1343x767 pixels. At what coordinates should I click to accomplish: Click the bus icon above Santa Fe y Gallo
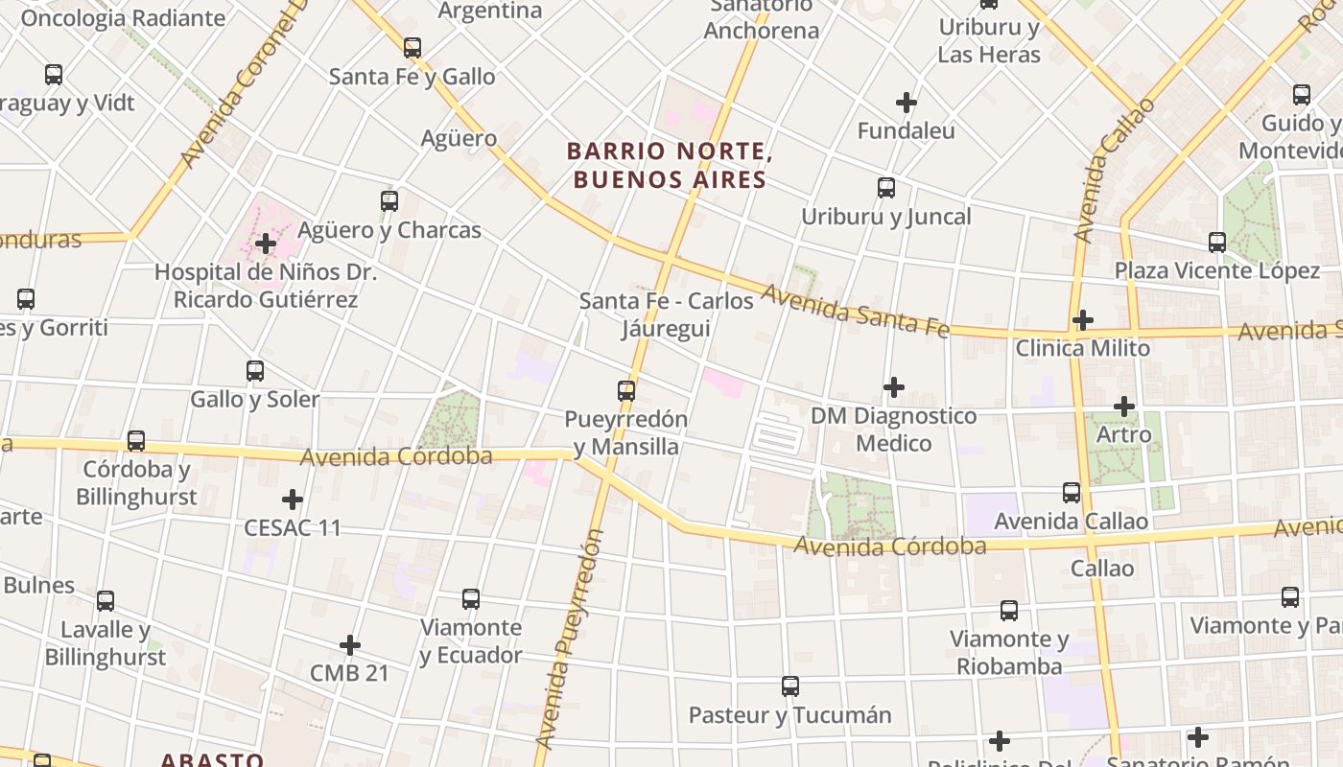(412, 47)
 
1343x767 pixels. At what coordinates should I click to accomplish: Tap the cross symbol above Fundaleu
(906, 102)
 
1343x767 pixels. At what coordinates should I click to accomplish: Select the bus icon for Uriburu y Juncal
(886, 188)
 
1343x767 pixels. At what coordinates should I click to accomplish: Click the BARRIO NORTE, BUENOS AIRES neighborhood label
(670, 166)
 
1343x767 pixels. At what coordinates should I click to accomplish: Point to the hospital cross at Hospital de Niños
(266, 244)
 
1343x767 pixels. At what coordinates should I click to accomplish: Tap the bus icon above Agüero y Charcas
(389, 201)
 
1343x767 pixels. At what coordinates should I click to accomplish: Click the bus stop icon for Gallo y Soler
(254, 370)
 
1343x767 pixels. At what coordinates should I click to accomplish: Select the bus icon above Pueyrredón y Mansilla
(626, 390)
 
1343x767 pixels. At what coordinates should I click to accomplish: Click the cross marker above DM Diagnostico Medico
(893, 387)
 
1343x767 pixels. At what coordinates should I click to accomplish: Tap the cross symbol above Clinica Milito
(1083, 319)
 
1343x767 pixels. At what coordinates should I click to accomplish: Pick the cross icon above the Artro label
(1123, 407)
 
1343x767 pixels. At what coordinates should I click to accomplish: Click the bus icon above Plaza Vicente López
(1216, 242)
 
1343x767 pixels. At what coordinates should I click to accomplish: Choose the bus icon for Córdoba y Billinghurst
(136, 440)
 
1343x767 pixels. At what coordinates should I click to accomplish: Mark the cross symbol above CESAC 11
(293, 500)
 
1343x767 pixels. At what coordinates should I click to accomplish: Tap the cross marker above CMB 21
(350, 644)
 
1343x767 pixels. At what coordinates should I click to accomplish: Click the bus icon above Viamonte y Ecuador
(470, 599)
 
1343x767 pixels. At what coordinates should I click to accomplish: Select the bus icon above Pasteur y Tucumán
(789, 686)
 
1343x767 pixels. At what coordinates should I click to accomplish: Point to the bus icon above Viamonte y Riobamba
(1008, 610)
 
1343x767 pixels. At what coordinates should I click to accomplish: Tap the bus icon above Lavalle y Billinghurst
(106, 601)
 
